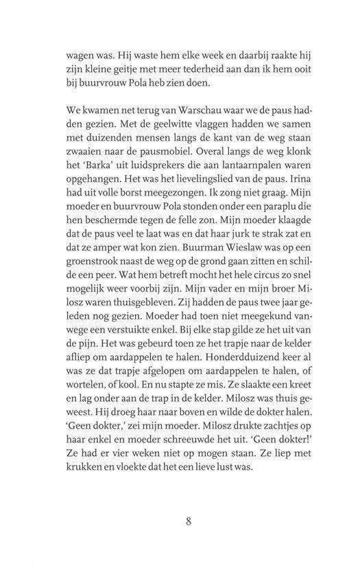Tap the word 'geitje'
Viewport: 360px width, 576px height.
pyautogui.click(x=133, y=69)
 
